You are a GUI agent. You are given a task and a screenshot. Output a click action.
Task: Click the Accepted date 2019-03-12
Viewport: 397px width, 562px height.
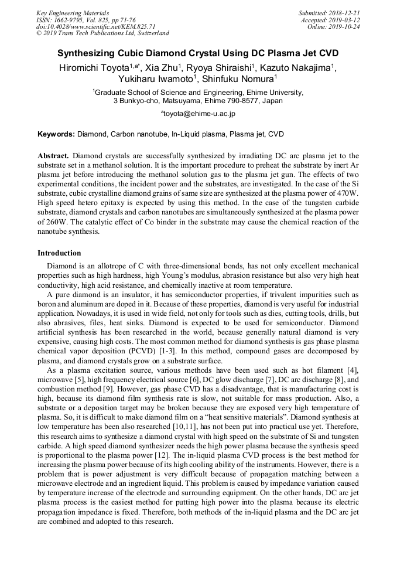[344, 20]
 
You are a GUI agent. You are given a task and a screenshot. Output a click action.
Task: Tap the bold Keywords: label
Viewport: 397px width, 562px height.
[56, 134]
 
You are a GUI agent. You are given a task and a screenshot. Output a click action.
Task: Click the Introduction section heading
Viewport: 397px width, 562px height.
[59, 253]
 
